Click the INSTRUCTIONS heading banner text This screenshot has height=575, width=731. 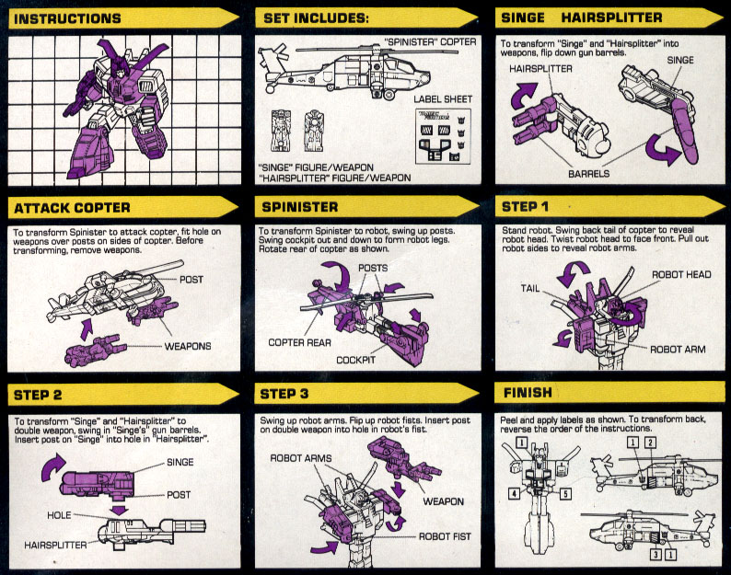69,17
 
